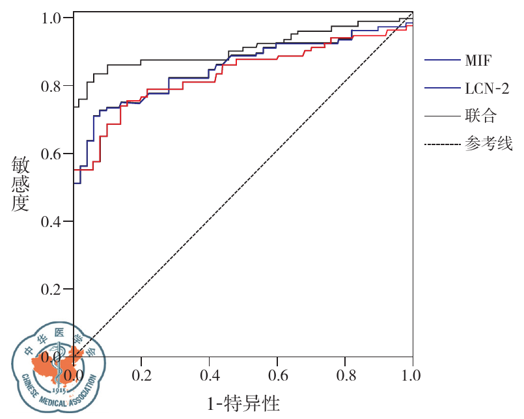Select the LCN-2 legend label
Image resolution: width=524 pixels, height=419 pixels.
[x=487, y=88]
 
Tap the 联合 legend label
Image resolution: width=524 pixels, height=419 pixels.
[x=481, y=116]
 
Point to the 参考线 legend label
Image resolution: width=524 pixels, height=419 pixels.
[x=489, y=144]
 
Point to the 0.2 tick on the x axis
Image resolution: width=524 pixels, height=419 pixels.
[x=141, y=376]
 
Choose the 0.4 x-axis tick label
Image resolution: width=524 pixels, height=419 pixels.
[x=209, y=376]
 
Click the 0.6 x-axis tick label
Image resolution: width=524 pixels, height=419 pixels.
[x=277, y=376]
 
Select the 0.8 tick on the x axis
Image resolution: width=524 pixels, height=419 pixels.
[x=344, y=376]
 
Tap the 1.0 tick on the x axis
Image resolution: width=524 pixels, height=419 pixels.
[x=412, y=376]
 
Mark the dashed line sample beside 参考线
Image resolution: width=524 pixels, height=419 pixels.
[x=442, y=144]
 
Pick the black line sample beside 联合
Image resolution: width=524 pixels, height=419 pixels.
[x=442, y=116]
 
